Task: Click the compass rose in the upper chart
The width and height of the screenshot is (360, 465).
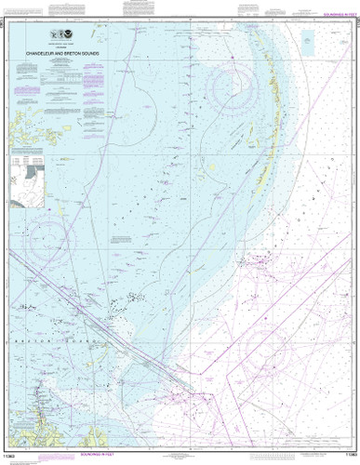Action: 234,90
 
